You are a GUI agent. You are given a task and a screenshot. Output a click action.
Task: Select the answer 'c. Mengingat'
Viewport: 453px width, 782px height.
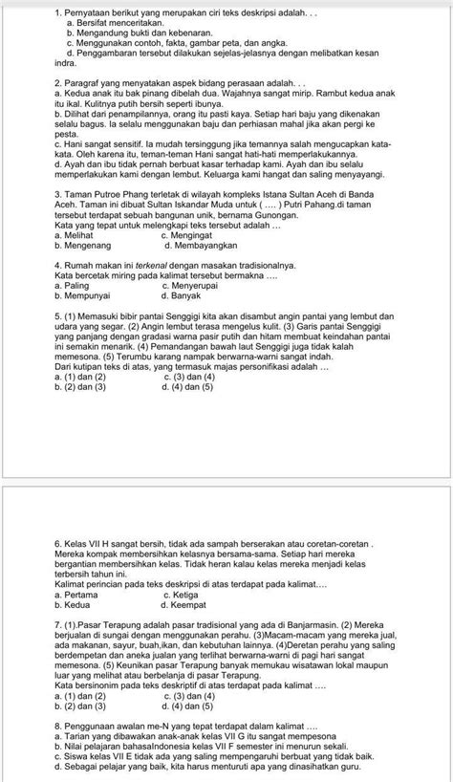click(194, 234)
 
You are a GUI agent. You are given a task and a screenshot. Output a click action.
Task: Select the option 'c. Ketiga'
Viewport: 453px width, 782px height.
click(187, 594)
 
